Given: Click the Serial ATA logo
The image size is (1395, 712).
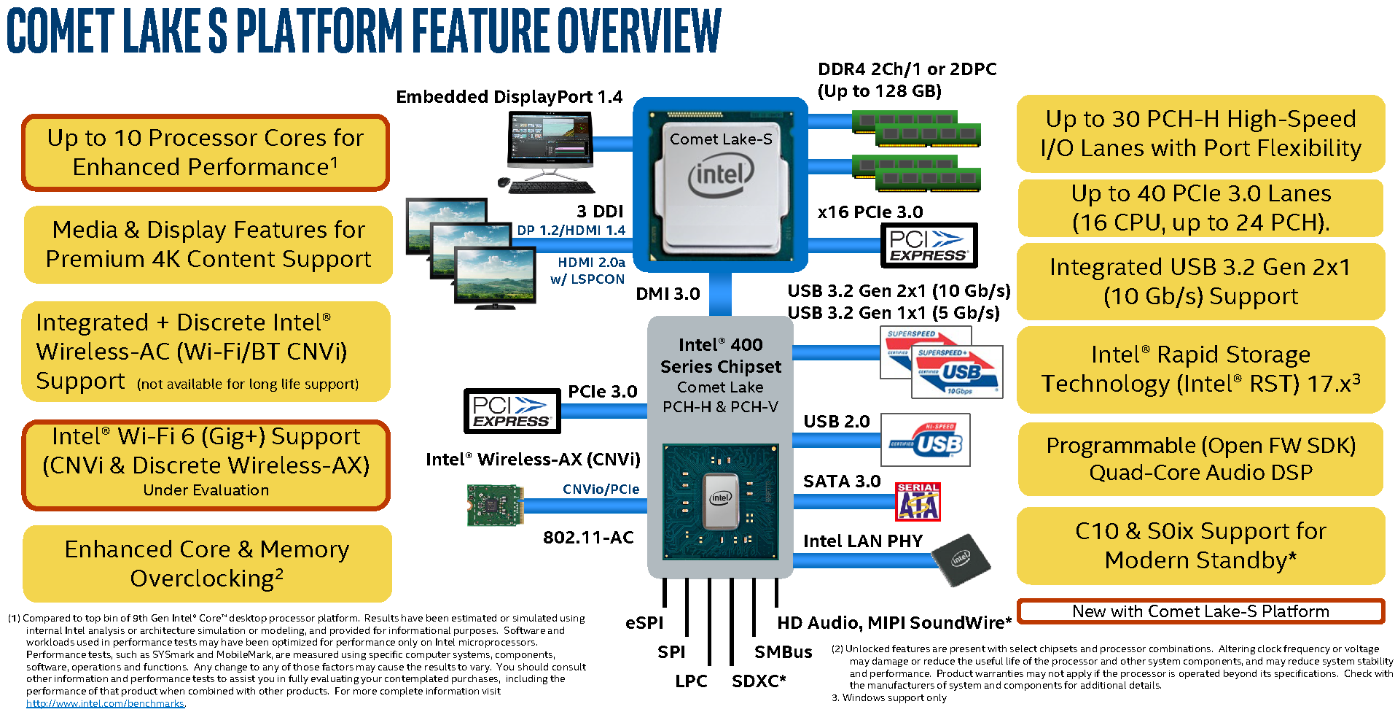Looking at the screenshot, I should coord(918,502).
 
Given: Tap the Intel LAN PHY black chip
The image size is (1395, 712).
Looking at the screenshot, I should coord(961,560).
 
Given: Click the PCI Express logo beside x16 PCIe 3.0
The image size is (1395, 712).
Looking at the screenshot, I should coord(929,246).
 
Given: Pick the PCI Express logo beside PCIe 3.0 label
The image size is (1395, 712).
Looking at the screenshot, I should coord(512,411).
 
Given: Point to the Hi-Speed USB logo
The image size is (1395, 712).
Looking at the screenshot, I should coord(926,440).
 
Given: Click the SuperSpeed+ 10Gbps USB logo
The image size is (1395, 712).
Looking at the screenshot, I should coord(957,372).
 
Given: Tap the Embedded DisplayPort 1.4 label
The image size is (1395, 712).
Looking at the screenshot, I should coord(509,97).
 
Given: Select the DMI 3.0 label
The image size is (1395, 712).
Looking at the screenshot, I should coord(668,294).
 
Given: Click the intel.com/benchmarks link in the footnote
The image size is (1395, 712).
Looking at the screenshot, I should coord(106,704).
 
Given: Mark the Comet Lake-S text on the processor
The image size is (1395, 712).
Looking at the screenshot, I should coord(720,139).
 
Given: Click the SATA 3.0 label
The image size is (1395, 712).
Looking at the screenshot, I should coord(842,481).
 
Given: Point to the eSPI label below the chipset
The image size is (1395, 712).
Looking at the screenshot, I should coord(644,623).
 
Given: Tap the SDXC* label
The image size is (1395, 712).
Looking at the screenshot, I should coord(759,681).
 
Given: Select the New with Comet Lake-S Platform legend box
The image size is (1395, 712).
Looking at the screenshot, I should coord(1200,611).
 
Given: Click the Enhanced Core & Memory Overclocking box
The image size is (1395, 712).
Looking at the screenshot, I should coord(207,564).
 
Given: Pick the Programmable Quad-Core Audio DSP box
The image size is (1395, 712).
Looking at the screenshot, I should coord(1200,459).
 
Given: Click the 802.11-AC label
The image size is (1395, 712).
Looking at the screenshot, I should coord(588,538).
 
